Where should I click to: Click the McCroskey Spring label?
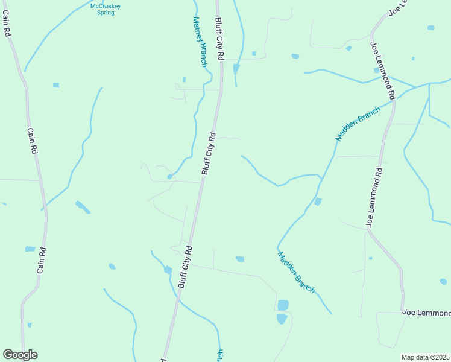pyautogui.click(x=106, y=9)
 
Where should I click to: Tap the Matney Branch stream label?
pyautogui.click(x=200, y=40)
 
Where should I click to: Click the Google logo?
pyautogui.click(x=20, y=355)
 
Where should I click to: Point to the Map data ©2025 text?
pyautogui.click(x=425, y=357)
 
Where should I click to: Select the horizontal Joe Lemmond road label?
pyautogui.click(x=426, y=313)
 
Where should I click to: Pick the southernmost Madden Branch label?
pyautogui.click(x=296, y=272)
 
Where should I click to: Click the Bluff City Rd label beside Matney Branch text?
pyautogui.click(x=219, y=38)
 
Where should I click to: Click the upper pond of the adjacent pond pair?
pyautogui.click(x=283, y=305)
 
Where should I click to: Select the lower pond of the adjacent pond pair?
pyautogui.click(x=282, y=318)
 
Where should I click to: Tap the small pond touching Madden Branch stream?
pyautogui.click(x=318, y=201)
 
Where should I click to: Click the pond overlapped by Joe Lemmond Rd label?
pyautogui.click(x=376, y=69)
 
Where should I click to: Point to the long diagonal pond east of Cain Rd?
pyautogui.click(x=83, y=208)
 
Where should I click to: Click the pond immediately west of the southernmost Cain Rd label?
pyautogui.click(x=30, y=249)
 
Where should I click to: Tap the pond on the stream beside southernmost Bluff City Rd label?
pyautogui.click(x=168, y=270)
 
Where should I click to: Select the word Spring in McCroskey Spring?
pyautogui.click(x=106, y=13)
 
